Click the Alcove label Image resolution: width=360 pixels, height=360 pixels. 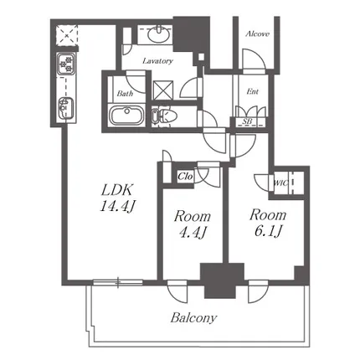tap(257, 34)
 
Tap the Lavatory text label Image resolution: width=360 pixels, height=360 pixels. tap(157, 61)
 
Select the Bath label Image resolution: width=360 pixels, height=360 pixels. tap(125, 93)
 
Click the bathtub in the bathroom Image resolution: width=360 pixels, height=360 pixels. tap(126, 116)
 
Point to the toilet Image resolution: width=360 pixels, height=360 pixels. tap(164, 116)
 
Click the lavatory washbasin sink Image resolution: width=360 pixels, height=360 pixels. tap(158, 35)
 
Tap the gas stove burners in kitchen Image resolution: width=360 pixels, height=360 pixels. tap(66, 64)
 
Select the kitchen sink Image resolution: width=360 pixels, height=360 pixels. tap(66, 108)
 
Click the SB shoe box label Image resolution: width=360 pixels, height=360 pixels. tap(247, 121)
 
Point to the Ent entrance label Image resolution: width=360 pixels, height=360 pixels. tap(252, 91)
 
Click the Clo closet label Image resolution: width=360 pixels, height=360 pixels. tap(185, 177)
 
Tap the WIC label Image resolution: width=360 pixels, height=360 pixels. tap(280, 183)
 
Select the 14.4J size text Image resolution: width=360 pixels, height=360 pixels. tap(117, 206)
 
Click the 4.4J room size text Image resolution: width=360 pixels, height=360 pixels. tap(193, 232)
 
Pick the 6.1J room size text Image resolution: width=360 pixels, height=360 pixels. tap(268, 231)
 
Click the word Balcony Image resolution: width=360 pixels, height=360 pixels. tap(193, 318)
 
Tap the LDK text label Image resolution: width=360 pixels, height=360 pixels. tap(116, 190)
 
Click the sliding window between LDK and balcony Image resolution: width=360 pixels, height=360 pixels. tap(118, 282)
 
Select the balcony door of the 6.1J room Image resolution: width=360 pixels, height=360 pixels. tap(258, 291)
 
